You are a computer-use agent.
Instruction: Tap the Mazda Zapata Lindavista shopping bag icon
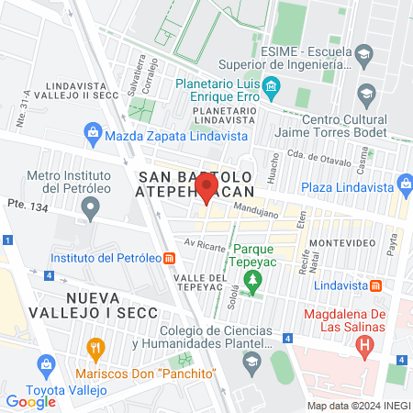point(93,135)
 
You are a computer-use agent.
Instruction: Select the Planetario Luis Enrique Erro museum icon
point(271,88)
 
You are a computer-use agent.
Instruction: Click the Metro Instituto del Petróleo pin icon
point(90,209)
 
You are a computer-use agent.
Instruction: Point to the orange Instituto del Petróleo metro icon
point(169,258)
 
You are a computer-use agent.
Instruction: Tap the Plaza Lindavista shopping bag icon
point(406,187)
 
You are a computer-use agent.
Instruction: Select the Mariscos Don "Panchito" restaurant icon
point(93,349)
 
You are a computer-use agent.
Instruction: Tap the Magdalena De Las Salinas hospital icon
point(365,348)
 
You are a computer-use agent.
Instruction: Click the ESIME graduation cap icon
point(364,54)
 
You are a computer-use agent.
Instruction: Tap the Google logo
point(30,401)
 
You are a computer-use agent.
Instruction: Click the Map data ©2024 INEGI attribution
point(359,405)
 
